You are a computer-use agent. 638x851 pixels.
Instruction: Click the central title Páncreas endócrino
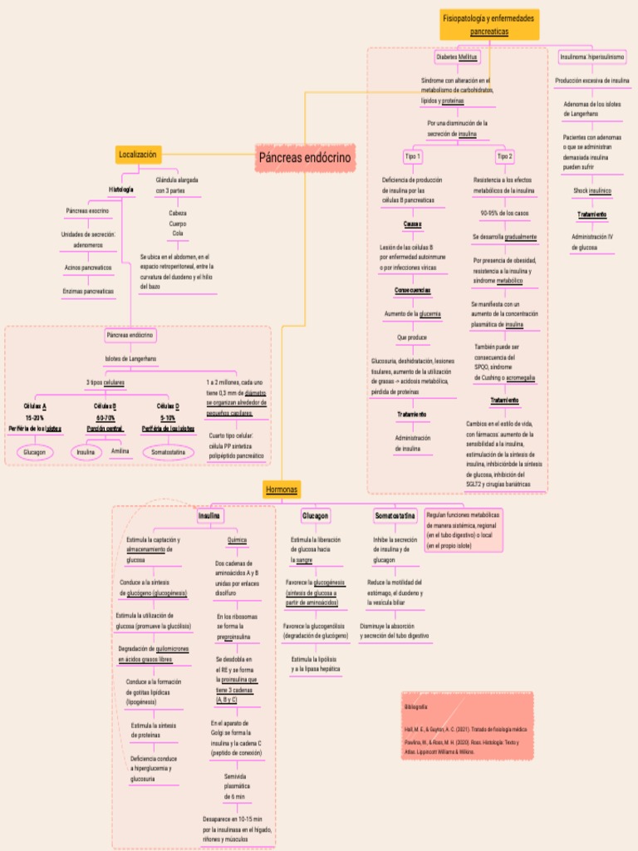[x=305, y=157]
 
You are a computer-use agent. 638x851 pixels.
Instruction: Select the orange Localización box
[x=138, y=155]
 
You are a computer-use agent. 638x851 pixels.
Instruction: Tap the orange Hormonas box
[x=282, y=489]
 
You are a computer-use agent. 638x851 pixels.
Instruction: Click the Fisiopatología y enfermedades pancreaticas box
[x=488, y=24]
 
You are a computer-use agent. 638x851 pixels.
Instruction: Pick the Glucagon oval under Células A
[x=35, y=452]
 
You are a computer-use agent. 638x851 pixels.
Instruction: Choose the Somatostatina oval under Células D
[x=168, y=452]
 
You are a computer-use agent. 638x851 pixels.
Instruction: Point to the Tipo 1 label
[x=413, y=156]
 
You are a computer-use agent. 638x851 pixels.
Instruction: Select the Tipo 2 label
[x=504, y=156]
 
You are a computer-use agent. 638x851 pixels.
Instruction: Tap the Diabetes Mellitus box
[x=457, y=57]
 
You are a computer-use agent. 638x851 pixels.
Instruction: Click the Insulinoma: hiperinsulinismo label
[x=592, y=57]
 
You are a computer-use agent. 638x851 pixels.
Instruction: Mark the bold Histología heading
[x=121, y=189]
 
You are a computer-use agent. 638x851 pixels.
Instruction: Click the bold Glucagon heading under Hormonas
[x=316, y=516]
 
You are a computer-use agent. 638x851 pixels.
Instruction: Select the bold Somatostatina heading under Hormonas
[x=395, y=516]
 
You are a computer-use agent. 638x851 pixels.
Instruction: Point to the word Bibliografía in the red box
[x=416, y=706]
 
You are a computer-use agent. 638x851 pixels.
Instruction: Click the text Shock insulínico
[x=592, y=190]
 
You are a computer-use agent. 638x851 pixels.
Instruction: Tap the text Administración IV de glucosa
[x=592, y=242]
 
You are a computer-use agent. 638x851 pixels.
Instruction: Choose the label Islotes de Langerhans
[x=131, y=358]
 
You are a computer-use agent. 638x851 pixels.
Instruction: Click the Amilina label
[x=120, y=451]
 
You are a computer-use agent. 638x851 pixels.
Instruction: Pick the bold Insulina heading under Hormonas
[x=209, y=516]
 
